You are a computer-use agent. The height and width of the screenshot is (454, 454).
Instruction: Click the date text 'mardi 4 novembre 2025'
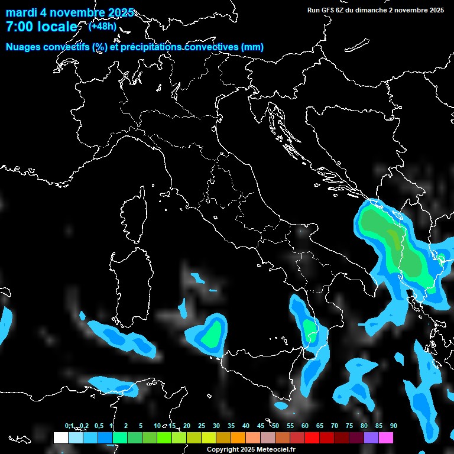pyautogui.click(x=70, y=12)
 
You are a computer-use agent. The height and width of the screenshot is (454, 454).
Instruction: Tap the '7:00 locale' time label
pyautogui.click(x=41, y=27)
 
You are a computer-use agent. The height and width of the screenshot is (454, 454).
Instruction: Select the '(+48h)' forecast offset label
pyautogui.click(x=103, y=26)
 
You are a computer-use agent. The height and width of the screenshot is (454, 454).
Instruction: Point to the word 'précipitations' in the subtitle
pyautogui.click(x=151, y=47)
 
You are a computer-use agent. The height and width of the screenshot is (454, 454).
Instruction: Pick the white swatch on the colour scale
pyautogui.click(x=60, y=438)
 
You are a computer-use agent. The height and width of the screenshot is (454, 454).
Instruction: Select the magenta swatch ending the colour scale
pyautogui.click(x=386, y=438)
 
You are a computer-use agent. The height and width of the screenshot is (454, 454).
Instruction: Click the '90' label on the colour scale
pyautogui.click(x=394, y=426)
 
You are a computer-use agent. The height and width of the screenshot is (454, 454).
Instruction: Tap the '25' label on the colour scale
pyautogui.click(x=202, y=426)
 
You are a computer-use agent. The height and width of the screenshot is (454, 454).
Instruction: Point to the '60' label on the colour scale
pyautogui.click(x=305, y=426)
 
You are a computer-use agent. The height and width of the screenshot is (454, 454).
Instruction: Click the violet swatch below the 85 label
pyautogui.click(x=371, y=438)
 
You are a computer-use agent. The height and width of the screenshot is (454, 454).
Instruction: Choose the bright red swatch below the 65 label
pyautogui.click(x=312, y=438)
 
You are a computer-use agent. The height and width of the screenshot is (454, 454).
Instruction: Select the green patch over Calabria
pyautogui.click(x=309, y=328)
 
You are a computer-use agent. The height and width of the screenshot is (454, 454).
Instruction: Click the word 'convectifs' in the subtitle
pyautogui.click(x=66, y=47)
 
